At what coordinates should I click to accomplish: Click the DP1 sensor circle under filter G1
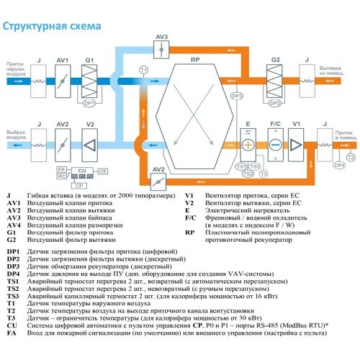90,103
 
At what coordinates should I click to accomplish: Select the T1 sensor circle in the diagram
143,69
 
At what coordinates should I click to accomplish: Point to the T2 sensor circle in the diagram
350,156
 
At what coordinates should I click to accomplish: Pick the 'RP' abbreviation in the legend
189,233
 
